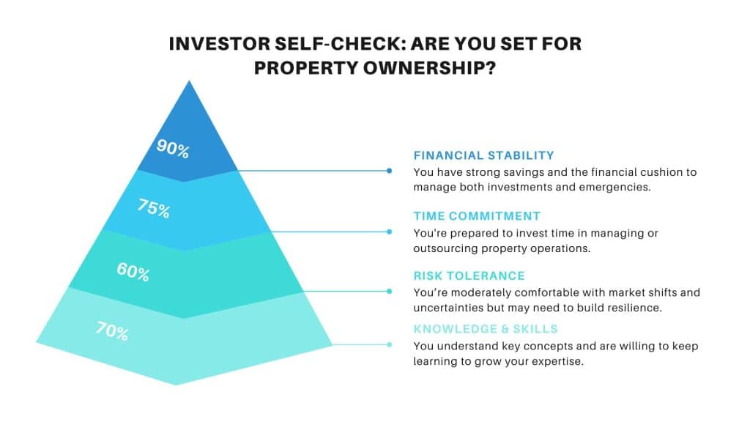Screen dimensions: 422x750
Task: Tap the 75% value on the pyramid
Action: (x=154, y=208)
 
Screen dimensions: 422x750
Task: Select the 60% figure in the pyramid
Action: (x=133, y=273)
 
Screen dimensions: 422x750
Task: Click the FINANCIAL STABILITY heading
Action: (x=483, y=155)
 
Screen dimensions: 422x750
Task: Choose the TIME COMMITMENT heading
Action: (x=477, y=216)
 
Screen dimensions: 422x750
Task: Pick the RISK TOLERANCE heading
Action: (x=469, y=276)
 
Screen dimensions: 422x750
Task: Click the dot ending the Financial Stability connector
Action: (x=390, y=171)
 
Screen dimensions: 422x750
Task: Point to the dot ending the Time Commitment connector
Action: (x=390, y=232)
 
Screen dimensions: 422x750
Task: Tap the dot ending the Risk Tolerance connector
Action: (x=390, y=291)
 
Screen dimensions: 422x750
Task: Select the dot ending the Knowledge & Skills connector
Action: (x=390, y=344)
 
